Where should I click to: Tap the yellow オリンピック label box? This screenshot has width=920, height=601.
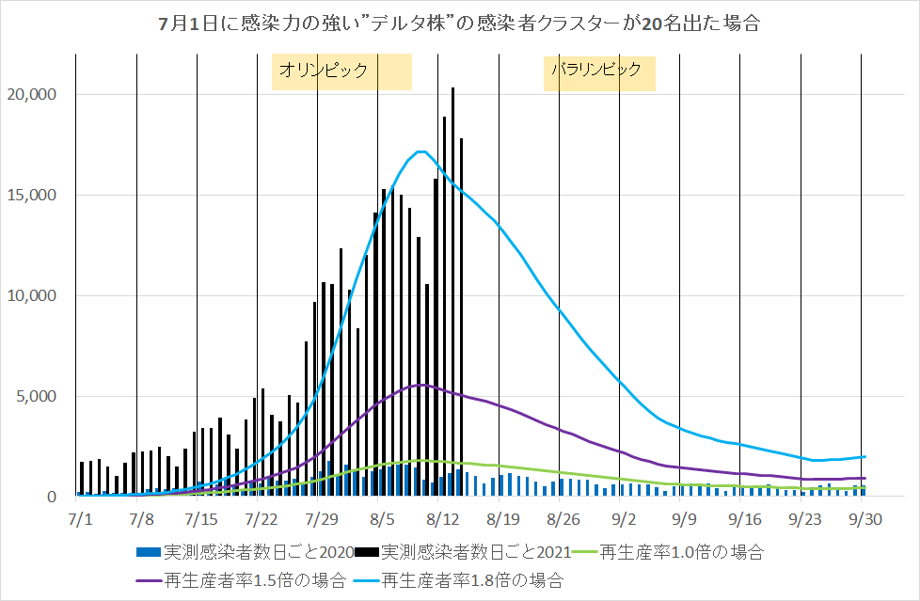tap(341, 71)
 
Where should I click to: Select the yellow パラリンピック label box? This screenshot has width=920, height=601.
tap(599, 71)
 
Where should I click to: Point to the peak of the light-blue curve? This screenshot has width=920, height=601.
tap(420, 151)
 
